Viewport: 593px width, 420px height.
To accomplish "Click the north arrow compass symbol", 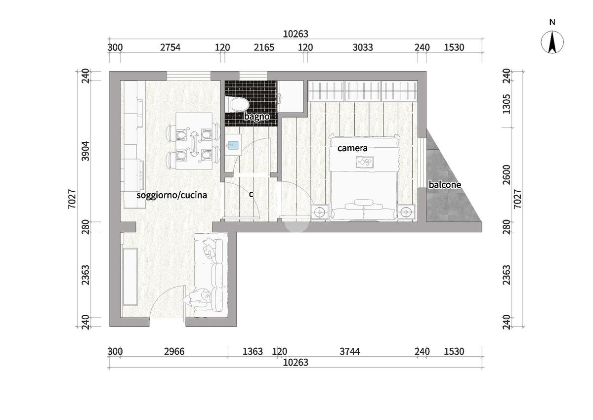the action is (x=552, y=42).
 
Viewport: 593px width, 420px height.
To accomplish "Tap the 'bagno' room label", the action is (x=257, y=117).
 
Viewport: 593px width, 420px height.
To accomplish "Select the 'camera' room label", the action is (x=352, y=148).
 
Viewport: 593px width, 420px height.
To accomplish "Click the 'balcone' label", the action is (x=445, y=184).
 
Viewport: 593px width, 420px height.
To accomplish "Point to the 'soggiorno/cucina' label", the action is (x=171, y=195).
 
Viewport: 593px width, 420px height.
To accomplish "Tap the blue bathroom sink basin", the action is (x=233, y=145).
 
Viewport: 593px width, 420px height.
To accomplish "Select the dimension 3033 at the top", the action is (x=363, y=47).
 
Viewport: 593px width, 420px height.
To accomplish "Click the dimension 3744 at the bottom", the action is (x=350, y=351).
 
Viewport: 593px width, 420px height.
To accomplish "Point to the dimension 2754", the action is (x=170, y=47).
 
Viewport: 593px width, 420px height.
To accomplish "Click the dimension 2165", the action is (x=264, y=47).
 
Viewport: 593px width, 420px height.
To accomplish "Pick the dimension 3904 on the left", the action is (x=86, y=151).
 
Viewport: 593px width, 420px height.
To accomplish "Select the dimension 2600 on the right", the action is (x=507, y=174).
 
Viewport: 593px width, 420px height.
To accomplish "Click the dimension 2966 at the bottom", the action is (x=174, y=351).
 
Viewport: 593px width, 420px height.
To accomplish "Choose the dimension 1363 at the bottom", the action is (x=253, y=351).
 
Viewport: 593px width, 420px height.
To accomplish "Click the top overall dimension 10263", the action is (x=296, y=34).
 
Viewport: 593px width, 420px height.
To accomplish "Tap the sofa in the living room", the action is (x=211, y=275).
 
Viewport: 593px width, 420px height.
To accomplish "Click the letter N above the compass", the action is (x=552, y=22).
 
